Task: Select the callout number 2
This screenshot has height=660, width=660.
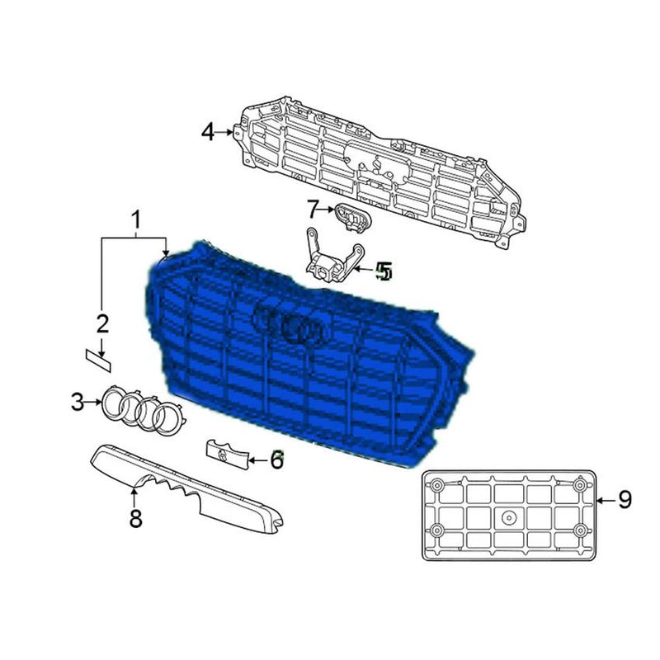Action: (102, 323)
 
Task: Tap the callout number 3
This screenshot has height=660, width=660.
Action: (77, 403)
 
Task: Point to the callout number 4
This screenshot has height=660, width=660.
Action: (208, 131)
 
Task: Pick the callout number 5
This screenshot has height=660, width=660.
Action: (384, 271)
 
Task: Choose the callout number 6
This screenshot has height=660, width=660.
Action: (276, 460)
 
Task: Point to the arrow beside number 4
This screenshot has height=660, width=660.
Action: (227, 131)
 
